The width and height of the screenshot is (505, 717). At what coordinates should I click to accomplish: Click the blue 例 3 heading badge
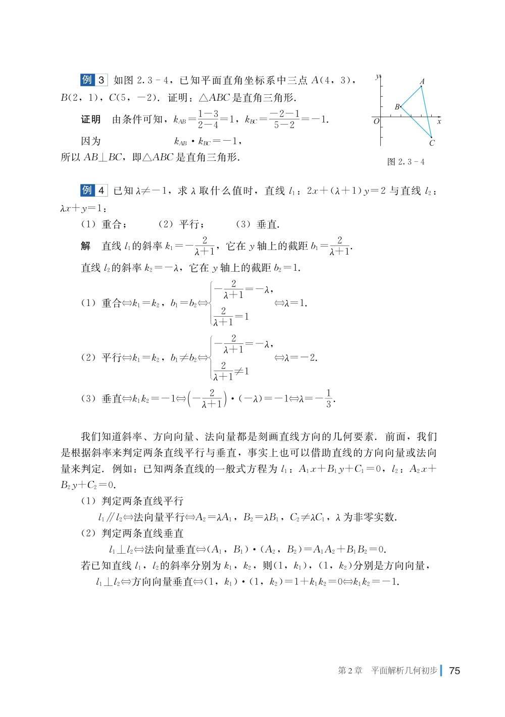(x=94, y=80)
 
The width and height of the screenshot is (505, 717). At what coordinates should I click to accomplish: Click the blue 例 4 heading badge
(x=94, y=190)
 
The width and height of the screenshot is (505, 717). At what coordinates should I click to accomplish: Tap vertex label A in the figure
(x=422, y=81)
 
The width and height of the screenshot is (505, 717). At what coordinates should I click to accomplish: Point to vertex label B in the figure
(x=397, y=107)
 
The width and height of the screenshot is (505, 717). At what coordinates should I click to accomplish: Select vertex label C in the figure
(x=432, y=143)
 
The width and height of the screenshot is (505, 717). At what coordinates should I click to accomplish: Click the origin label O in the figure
(x=376, y=122)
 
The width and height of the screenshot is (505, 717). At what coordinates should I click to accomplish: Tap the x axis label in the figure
(x=439, y=122)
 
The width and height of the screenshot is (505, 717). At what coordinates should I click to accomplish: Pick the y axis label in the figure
(x=378, y=77)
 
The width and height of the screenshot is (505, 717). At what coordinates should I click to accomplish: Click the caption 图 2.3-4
(x=406, y=162)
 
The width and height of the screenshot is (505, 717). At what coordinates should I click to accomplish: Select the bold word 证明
(x=91, y=119)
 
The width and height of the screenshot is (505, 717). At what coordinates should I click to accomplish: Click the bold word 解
(x=86, y=246)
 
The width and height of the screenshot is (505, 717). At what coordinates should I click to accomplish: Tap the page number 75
(x=454, y=671)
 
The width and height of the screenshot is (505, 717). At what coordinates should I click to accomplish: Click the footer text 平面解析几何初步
(x=405, y=671)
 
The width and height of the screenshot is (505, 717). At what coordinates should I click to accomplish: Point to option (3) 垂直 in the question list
(x=258, y=224)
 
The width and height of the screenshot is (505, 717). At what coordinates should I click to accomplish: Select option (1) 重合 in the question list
(x=104, y=224)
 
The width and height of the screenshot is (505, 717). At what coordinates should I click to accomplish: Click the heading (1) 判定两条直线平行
(x=132, y=501)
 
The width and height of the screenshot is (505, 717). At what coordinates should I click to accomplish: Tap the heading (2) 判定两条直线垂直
(x=132, y=533)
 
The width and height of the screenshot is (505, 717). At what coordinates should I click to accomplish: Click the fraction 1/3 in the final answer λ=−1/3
(x=329, y=398)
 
